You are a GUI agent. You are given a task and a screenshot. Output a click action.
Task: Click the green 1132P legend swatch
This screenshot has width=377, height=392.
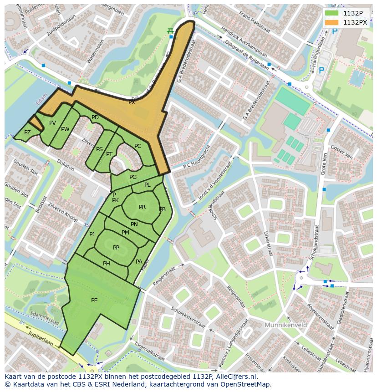tap(331, 13)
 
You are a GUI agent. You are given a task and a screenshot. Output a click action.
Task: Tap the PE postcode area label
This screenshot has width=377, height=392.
tap(94, 300)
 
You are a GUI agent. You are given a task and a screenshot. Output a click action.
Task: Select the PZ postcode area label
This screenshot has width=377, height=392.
tap(27, 132)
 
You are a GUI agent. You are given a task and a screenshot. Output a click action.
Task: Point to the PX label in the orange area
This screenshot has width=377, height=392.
tap(132, 102)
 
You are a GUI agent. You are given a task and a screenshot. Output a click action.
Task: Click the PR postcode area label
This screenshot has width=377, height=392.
tap(142, 207)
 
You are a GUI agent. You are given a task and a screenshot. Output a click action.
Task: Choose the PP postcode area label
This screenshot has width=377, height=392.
tap(116, 247)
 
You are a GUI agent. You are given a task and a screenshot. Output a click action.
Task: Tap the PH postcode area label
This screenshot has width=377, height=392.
tap(107, 264)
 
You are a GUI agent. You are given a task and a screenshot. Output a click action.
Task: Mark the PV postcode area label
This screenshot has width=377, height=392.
tap(52, 123)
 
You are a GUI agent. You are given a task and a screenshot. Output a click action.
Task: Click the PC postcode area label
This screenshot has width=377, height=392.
tap(138, 146)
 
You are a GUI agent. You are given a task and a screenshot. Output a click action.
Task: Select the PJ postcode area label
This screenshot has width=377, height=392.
tap(92, 234)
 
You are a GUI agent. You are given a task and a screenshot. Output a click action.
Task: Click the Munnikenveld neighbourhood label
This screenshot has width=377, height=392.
tap(285, 325)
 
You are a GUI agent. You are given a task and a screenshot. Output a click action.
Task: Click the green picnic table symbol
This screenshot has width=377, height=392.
tap(170, 31)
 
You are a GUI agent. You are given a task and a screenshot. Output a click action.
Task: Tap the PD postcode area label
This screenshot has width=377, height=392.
tap(95, 117)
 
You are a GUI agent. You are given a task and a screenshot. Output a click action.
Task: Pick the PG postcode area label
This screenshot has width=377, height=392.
tap(133, 177)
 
